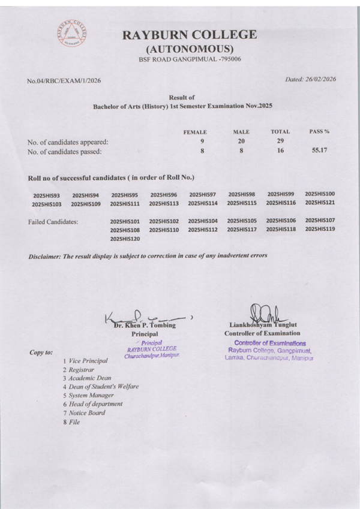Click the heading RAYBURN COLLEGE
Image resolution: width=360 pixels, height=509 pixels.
coord(190,35)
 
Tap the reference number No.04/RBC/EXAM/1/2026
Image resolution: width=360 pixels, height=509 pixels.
coord(64,80)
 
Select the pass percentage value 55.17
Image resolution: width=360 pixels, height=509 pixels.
coord(319,150)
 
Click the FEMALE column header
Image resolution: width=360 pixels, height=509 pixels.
coord(195,132)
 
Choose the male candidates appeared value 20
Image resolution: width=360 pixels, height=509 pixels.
coord(241,141)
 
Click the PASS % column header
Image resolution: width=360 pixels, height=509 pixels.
coord(319,131)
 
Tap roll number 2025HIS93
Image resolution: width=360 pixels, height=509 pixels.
coord(47,195)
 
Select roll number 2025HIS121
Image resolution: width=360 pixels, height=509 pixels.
coord(320,203)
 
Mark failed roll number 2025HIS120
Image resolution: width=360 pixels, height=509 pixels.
coord(125,239)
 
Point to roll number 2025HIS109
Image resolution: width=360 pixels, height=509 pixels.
coord(86,204)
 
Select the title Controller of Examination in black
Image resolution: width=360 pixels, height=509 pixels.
coord(262,333)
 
